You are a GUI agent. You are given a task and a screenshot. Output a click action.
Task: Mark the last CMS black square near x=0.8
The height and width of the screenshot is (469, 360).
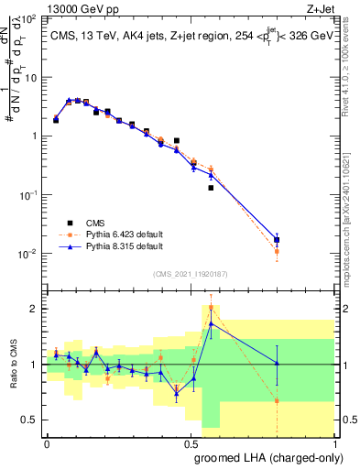pyautogui.click(x=277, y=240)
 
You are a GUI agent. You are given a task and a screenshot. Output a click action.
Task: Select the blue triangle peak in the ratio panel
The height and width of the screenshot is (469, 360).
pyautogui.click(x=212, y=323)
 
